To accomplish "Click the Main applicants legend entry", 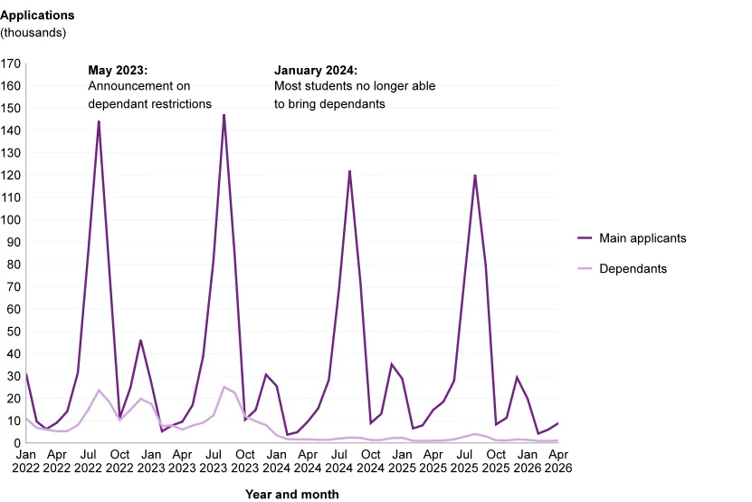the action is pyautogui.click(x=633, y=238).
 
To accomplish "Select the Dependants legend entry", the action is pyautogui.click(x=622, y=268).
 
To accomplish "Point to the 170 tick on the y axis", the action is pyautogui.click(x=11, y=63).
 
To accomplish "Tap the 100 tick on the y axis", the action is pyautogui.click(x=11, y=220).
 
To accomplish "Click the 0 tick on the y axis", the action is pyautogui.click(x=17, y=443).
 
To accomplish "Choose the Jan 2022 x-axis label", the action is pyautogui.click(x=26, y=461).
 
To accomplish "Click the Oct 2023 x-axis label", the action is pyautogui.click(x=245, y=461).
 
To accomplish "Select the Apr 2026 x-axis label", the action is pyautogui.click(x=558, y=461).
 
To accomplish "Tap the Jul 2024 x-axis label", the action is pyautogui.click(x=339, y=461).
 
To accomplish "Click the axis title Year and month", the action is pyautogui.click(x=292, y=495).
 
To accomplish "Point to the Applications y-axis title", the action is pyautogui.click(x=37, y=15).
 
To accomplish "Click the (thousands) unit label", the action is pyautogui.click(x=33, y=33).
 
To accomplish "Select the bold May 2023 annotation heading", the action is pyautogui.click(x=118, y=70).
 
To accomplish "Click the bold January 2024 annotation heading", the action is pyautogui.click(x=316, y=70).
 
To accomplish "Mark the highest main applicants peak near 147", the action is pyautogui.click(x=224, y=115).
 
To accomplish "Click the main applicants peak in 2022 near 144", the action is pyautogui.click(x=99, y=121).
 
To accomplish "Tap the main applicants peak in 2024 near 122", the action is pyautogui.click(x=349, y=171).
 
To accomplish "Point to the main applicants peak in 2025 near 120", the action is pyautogui.click(x=475, y=176).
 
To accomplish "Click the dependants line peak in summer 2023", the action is pyautogui.click(x=224, y=387).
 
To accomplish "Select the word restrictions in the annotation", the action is pyautogui.click(x=183, y=104).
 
